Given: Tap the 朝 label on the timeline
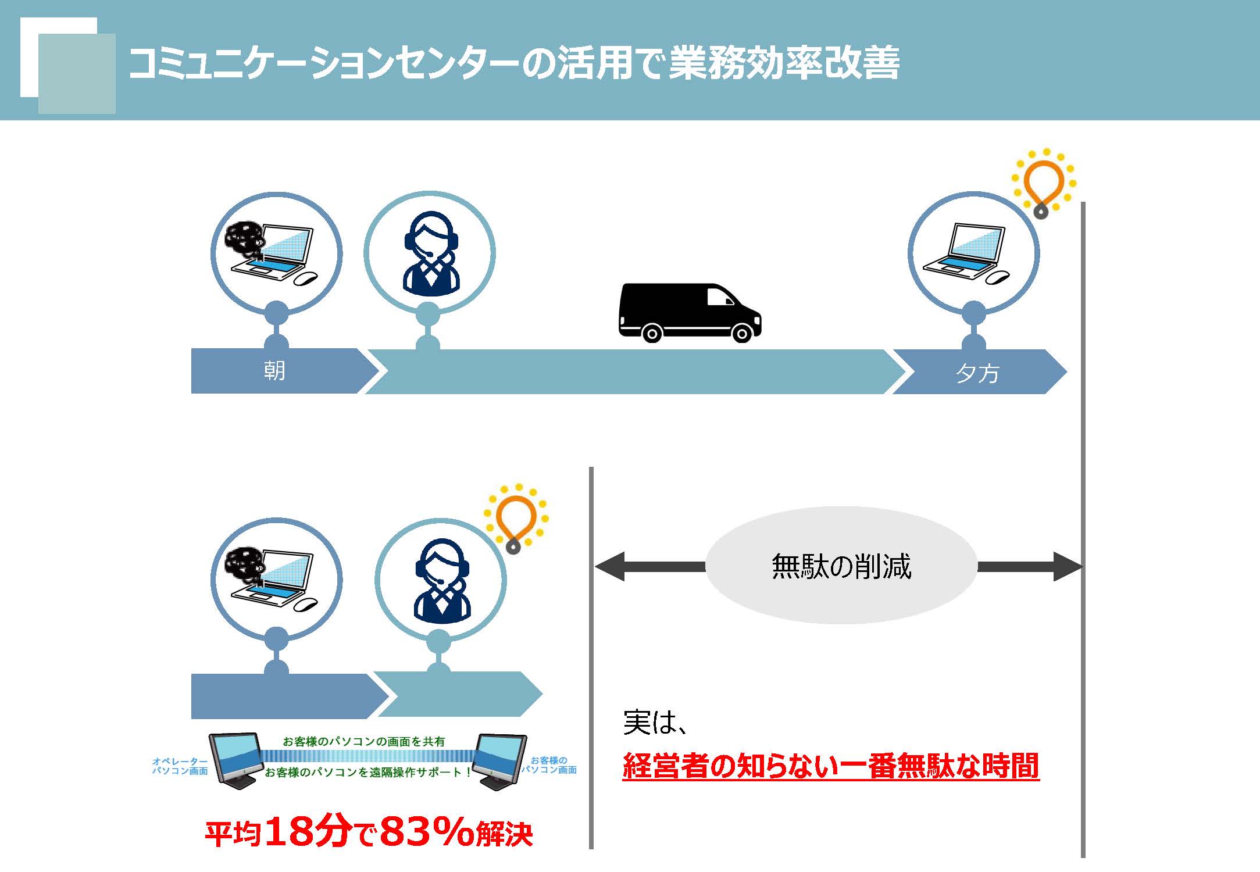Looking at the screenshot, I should click(x=274, y=370).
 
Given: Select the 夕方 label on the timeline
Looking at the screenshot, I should click(x=977, y=373).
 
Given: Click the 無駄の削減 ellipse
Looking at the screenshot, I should click(x=841, y=566).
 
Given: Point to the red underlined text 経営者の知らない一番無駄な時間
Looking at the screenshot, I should click(x=830, y=766).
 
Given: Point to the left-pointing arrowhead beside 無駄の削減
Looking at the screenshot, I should click(x=610, y=566).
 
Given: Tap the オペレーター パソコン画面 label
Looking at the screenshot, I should click(x=180, y=766).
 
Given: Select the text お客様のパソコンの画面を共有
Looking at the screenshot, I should click(x=363, y=741).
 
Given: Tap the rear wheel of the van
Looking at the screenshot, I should click(x=651, y=333).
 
